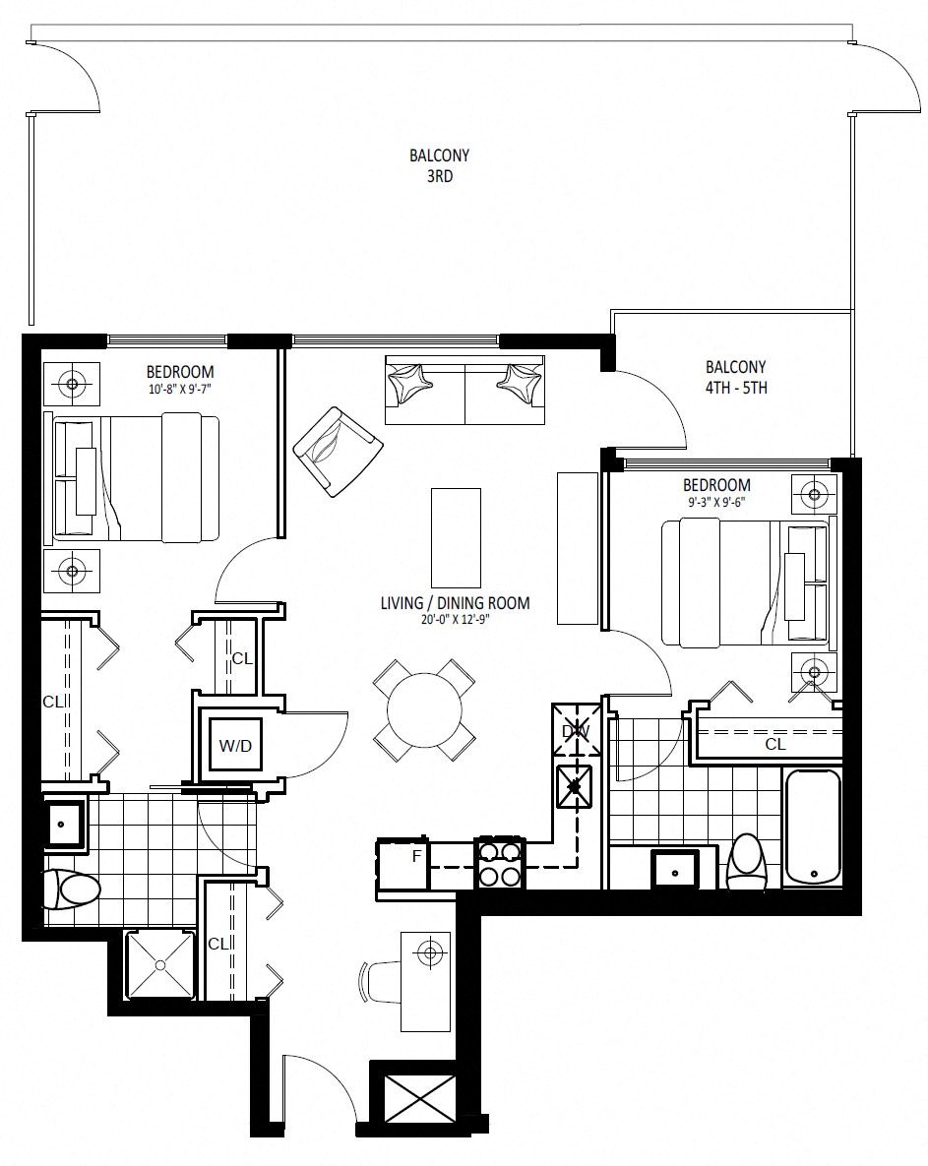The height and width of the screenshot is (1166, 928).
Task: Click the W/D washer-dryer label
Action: [x=235, y=745]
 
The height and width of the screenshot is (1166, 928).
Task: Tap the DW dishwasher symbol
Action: [x=576, y=731]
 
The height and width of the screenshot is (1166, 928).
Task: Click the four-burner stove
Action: [x=501, y=863]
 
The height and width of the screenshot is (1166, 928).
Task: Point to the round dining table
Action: [x=424, y=710]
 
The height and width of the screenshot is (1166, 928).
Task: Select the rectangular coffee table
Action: [x=456, y=537]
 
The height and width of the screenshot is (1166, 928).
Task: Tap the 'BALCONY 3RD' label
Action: [x=440, y=166]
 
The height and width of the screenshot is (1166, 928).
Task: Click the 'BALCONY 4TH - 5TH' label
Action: [x=735, y=377]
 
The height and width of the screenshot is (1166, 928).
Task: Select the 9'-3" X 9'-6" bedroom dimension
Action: [x=716, y=501]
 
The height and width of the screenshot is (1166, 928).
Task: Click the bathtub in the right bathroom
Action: [x=812, y=828]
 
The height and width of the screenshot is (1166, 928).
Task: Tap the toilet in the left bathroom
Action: [x=72, y=890]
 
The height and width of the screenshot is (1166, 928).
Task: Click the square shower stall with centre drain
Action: [x=159, y=964]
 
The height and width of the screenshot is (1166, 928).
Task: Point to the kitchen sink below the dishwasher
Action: [x=575, y=787]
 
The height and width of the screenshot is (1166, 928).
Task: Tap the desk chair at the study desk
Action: [x=379, y=982]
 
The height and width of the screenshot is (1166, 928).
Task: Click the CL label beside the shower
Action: [x=217, y=944]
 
